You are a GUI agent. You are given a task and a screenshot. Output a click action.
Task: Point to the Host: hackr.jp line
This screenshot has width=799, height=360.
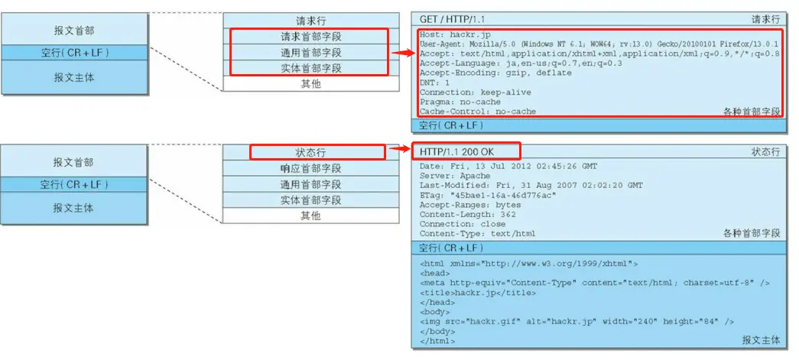pos(450,35)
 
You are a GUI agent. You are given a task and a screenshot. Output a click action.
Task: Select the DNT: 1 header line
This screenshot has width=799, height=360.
pos(435,83)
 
